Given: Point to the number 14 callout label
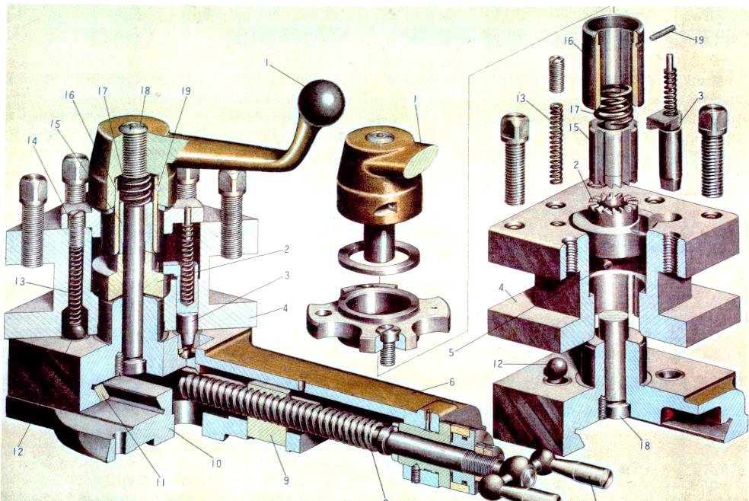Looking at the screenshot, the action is pyautogui.click(x=32, y=140).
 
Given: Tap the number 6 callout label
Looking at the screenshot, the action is pyautogui.click(x=451, y=381).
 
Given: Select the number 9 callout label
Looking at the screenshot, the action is pyautogui.click(x=286, y=480).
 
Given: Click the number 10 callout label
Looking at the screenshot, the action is pyautogui.click(x=216, y=463).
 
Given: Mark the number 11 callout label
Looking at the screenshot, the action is pyautogui.click(x=161, y=483).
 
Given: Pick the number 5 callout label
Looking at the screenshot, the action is pyautogui.click(x=451, y=353).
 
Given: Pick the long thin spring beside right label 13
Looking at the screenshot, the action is pyautogui.click(x=556, y=143).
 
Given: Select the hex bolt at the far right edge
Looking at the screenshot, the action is pyautogui.click(x=712, y=151).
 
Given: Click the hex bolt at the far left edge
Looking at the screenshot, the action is pyautogui.click(x=33, y=221).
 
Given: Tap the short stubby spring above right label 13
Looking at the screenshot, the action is pyautogui.click(x=556, y=74).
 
